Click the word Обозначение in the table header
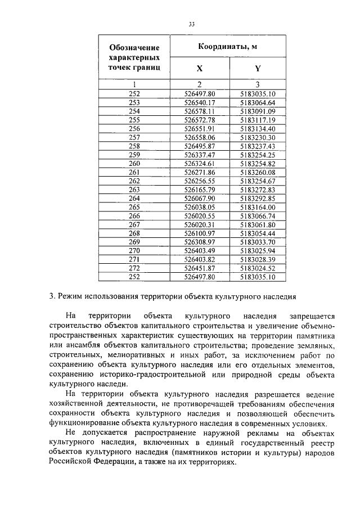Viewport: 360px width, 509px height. (134, 47)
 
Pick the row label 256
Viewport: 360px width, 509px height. (134, 128)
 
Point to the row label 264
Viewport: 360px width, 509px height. (134, 199)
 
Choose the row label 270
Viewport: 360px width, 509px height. (134, 251)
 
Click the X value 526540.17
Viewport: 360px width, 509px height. (200, 102)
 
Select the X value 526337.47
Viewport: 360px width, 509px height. (200, 155)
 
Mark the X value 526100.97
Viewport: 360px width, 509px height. (200, 233)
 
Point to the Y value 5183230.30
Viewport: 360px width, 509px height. (257, 137)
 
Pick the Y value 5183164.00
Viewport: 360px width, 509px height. (257, 208)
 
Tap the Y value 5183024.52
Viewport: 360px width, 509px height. (257, 268)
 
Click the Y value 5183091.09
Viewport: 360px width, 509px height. (257, 111)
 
